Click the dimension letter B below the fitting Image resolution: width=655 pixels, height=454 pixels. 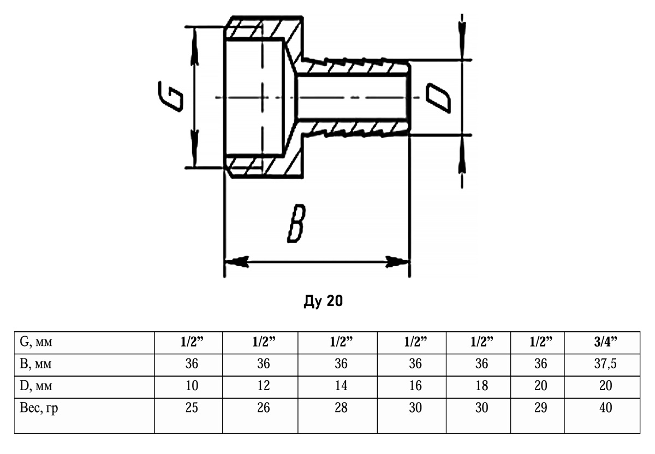coord(295,224)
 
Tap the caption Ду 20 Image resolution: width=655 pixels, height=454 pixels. coord(323,301)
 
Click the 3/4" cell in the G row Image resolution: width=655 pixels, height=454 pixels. coord(605,343)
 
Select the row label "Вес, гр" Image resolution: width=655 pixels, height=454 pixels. coord(39,408)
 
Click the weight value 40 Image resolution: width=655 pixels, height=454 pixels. coord(605,408)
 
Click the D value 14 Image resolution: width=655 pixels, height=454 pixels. coord(341,386)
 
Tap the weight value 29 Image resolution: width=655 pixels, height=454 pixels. coord(540,408)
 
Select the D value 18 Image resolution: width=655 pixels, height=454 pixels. coord(481,386)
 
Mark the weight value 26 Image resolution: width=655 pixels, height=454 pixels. coord(264,408)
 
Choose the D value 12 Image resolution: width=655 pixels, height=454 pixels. coord(264,386)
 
